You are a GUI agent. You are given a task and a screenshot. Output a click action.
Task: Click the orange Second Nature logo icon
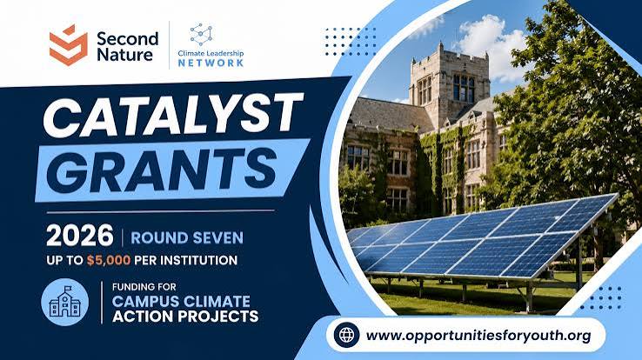click(69, 44)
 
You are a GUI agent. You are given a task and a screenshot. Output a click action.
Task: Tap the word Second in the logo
click(127, 39)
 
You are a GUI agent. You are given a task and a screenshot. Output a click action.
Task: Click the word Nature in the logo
click(125, 55)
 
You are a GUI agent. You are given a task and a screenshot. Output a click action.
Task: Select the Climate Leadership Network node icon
click(201, 35)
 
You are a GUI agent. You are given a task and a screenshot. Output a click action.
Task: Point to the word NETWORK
click(211, 63)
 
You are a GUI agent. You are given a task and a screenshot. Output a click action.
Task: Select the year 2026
click(79, 236)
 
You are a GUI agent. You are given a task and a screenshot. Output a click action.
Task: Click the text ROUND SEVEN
click(187, 237)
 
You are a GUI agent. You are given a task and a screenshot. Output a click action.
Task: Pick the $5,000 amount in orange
click(109, 260)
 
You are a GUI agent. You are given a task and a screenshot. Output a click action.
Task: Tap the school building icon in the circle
click(64, 302)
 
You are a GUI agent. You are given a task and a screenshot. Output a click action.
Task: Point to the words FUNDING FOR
click(144, 287)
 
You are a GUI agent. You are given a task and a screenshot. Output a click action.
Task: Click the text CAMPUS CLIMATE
click(181, 302)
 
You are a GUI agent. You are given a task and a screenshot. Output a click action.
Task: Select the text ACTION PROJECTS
click(185, 317)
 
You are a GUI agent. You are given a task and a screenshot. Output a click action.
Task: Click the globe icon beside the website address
click(346, 335)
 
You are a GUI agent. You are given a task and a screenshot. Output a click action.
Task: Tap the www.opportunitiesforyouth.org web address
click(478, 336)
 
